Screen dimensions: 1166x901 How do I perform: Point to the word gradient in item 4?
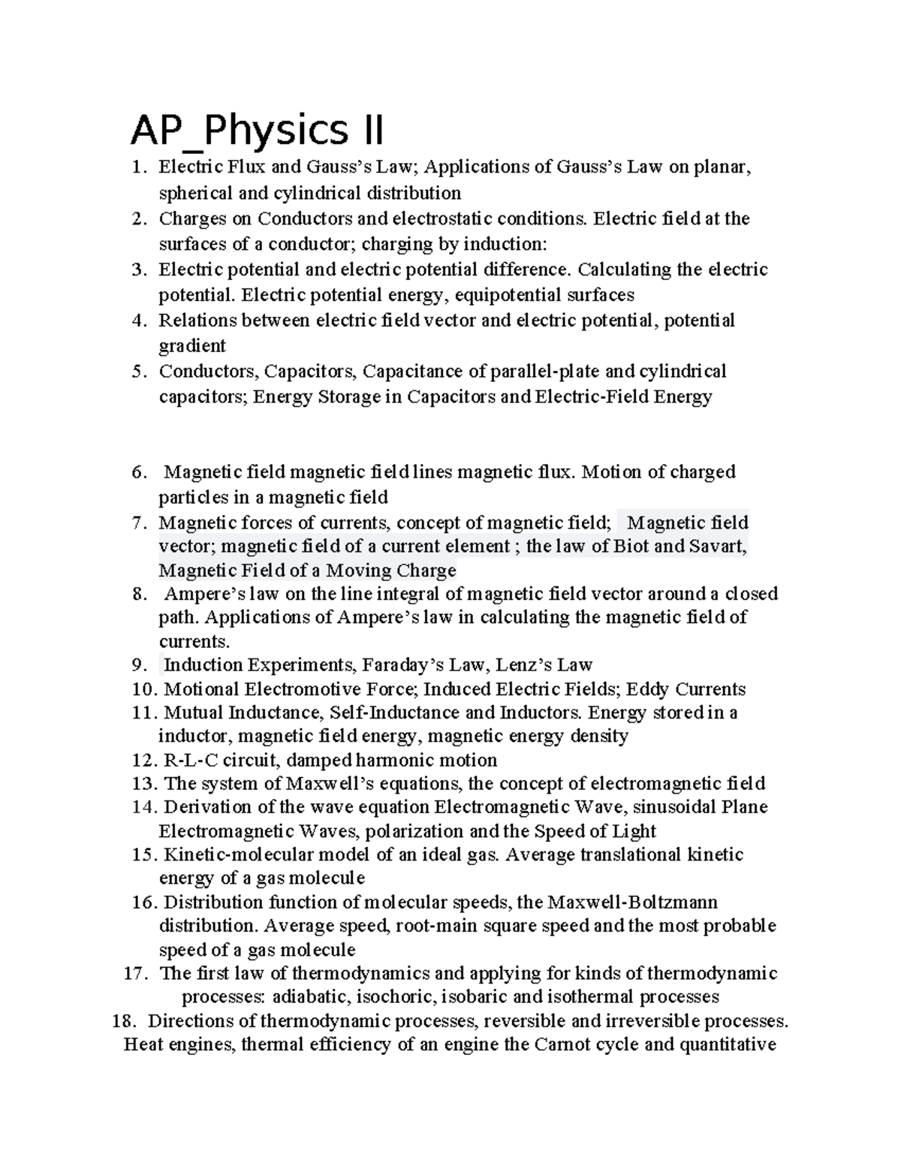(x=191, y=346)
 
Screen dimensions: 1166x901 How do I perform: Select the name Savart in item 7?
(x=719, y=546)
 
